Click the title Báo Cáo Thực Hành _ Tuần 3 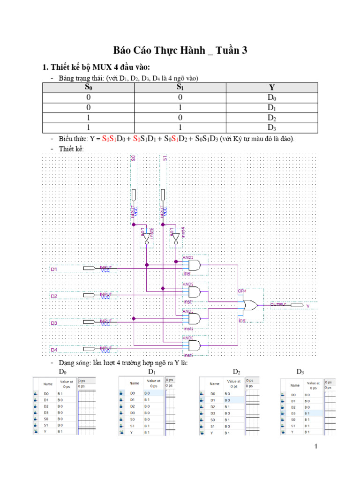[180, 51]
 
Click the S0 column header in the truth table [89, 88]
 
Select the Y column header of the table [272, 88]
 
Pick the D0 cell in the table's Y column [272, 97]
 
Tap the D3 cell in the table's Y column [272, 127]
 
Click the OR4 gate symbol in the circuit [248, 306]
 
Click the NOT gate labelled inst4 [176, 238]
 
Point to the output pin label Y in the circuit [308, 306]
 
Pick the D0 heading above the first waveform [63, 372]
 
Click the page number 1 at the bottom [316, 446]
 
